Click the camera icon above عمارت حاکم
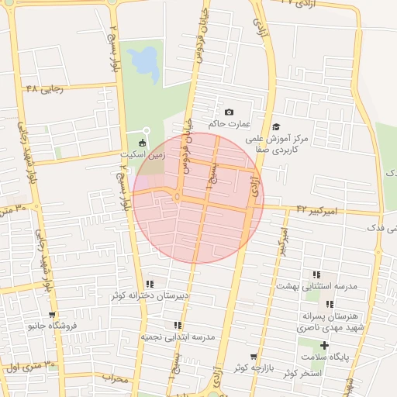click(229, 112)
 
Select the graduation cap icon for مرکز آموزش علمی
click(276, 127)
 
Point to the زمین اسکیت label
click(136, 154)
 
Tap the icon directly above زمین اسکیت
click(141, 143)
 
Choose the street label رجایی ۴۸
click(42, 88)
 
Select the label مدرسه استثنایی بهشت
click(317, 286)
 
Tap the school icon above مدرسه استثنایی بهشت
click(316, 274)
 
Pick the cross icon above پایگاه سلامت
click(324, 345)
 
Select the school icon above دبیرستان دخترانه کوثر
click(150, 284)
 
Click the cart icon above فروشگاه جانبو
click(51, 315)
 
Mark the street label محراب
click(113, 378)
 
